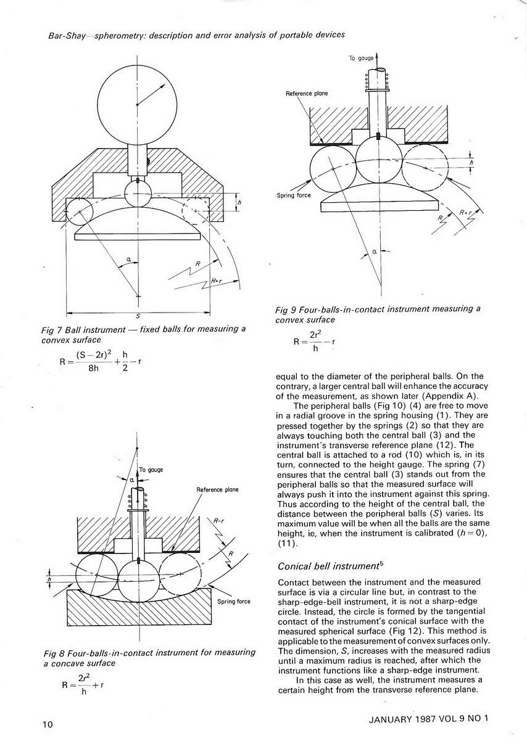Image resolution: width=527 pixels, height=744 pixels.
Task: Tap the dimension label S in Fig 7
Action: click(x=138, y=317)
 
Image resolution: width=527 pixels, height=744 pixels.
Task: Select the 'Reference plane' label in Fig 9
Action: click(x=307, y=94)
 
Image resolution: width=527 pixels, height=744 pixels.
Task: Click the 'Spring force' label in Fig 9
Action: click(x=294, y=195)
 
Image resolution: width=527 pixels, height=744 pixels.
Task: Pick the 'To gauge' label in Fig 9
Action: click(x=361, y=58)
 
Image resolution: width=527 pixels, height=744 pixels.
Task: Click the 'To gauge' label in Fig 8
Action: click(x=151, y=470)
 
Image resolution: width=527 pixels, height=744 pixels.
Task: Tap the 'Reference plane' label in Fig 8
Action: click(x=217, y=490)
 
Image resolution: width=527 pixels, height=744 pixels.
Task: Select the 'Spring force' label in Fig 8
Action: click(x=234, y=602)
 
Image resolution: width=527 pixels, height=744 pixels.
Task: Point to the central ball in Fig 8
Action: click(x=138, y=584)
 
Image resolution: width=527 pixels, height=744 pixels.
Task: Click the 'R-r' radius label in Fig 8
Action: click(x=218, y=521)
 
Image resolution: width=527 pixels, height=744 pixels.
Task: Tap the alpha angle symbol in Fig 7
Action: click(x=129, y=258)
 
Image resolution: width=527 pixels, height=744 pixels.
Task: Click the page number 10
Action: click(x=48, y=724)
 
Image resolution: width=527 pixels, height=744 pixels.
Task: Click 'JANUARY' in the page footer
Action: click(x=389, y=719)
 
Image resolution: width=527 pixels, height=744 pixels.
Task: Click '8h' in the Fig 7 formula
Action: click(x=93, y=368)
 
